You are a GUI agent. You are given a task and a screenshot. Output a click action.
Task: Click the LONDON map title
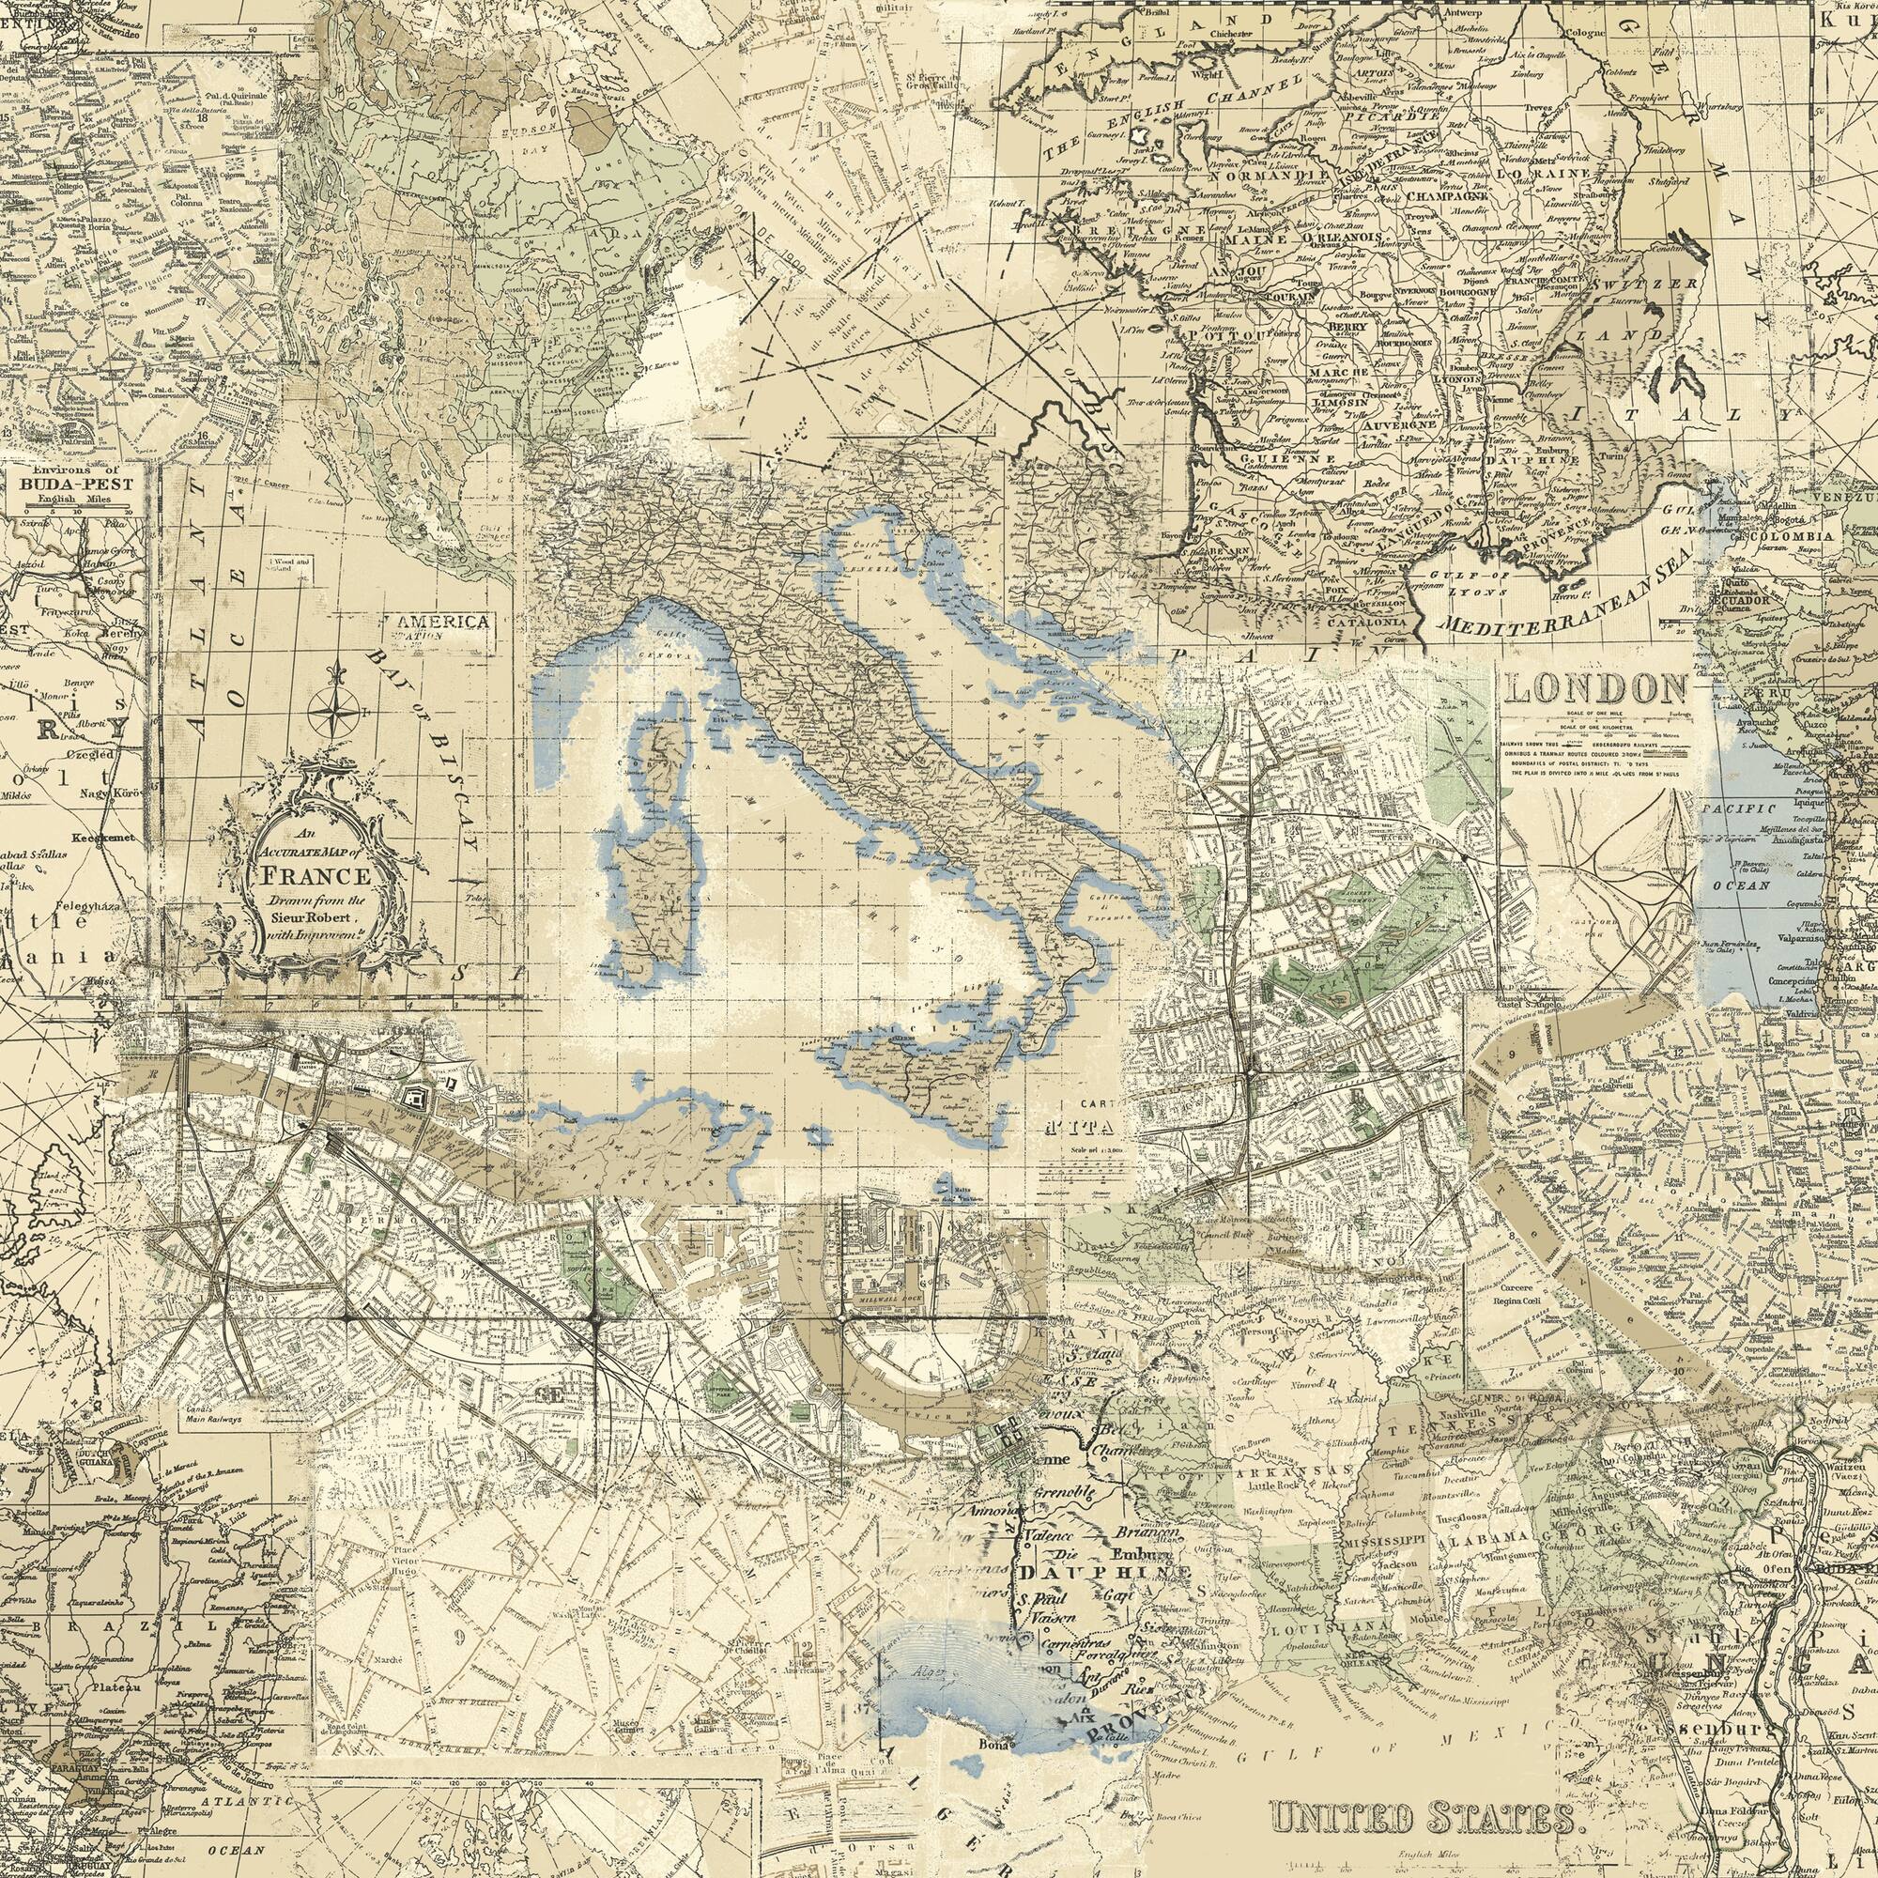pos(1594,689)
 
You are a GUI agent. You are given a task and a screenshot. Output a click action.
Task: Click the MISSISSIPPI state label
pos(1385,1542)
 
